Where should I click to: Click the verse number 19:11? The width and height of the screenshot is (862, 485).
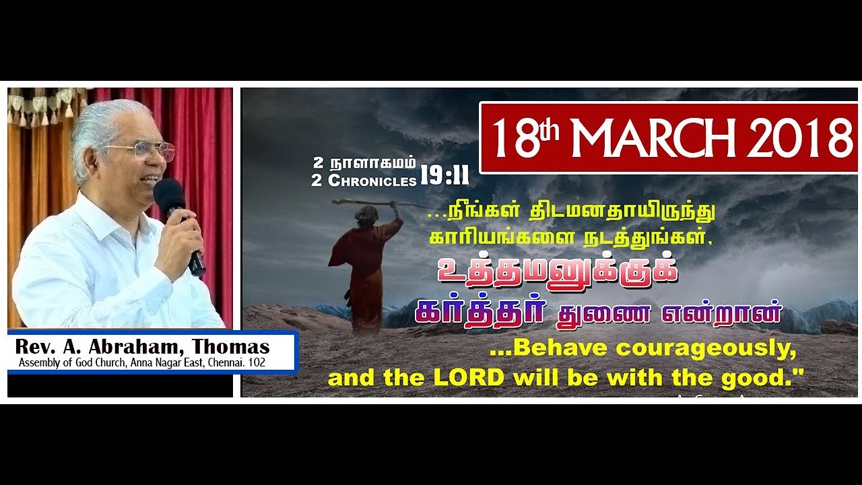click(444, 176)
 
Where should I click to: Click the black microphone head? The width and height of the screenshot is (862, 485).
click(168, 192)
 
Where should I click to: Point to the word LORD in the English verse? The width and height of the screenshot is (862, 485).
click(469, 377)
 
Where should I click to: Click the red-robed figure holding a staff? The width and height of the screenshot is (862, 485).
click(364, 269)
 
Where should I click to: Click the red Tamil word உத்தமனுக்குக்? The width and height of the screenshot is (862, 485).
click(556, 273)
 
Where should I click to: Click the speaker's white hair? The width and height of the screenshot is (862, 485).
click(108, 125)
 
